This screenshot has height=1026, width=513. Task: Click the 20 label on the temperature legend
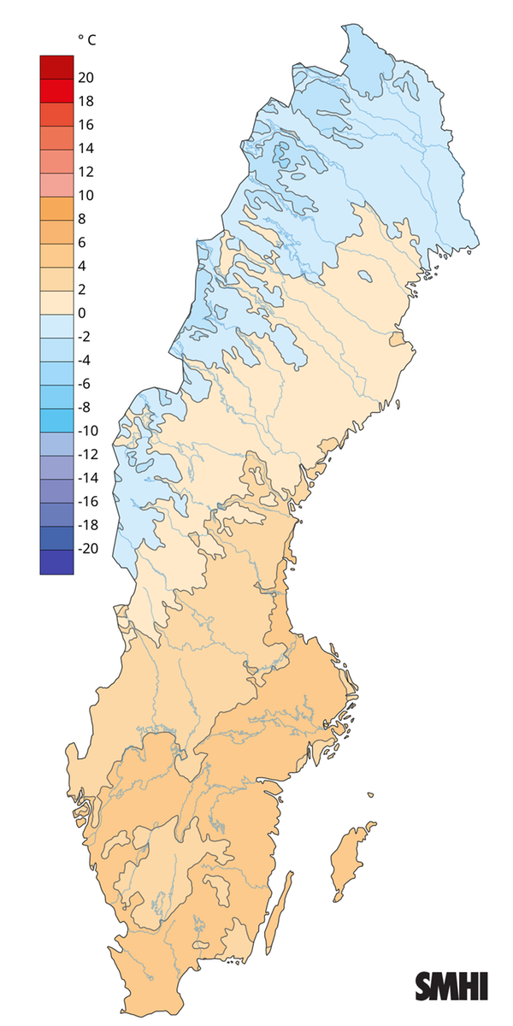tap(85, 78)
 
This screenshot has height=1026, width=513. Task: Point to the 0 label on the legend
tap(82, 313)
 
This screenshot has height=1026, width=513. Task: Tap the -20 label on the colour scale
tap(87, 549)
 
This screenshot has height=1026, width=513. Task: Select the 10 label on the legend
tap(85, 195)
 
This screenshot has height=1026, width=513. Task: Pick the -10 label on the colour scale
tap(87, 431)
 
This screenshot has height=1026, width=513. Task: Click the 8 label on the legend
tap(82, 219)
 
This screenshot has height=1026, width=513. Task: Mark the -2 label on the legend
tap(85, 337)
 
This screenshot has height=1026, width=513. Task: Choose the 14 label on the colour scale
tap(85, 148)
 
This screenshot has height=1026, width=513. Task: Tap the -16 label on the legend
tap(87, 502)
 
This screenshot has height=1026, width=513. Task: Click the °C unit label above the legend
tap(86, 39)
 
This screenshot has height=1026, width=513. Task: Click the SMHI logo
tap(451, 986)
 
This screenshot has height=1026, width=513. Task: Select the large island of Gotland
tap(352, 859)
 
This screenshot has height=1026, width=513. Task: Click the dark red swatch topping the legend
tap(56, 66)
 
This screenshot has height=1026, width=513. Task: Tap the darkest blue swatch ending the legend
tap(56, 561)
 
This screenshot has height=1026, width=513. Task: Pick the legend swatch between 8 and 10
tap(56, 207)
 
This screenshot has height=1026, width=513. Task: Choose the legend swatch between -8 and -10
tap(56, 420)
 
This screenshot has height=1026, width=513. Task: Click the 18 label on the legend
tap(85, 101)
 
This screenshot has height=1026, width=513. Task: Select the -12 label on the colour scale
tap(87, 455)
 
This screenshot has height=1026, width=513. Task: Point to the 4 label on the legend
tap(82, 266)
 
